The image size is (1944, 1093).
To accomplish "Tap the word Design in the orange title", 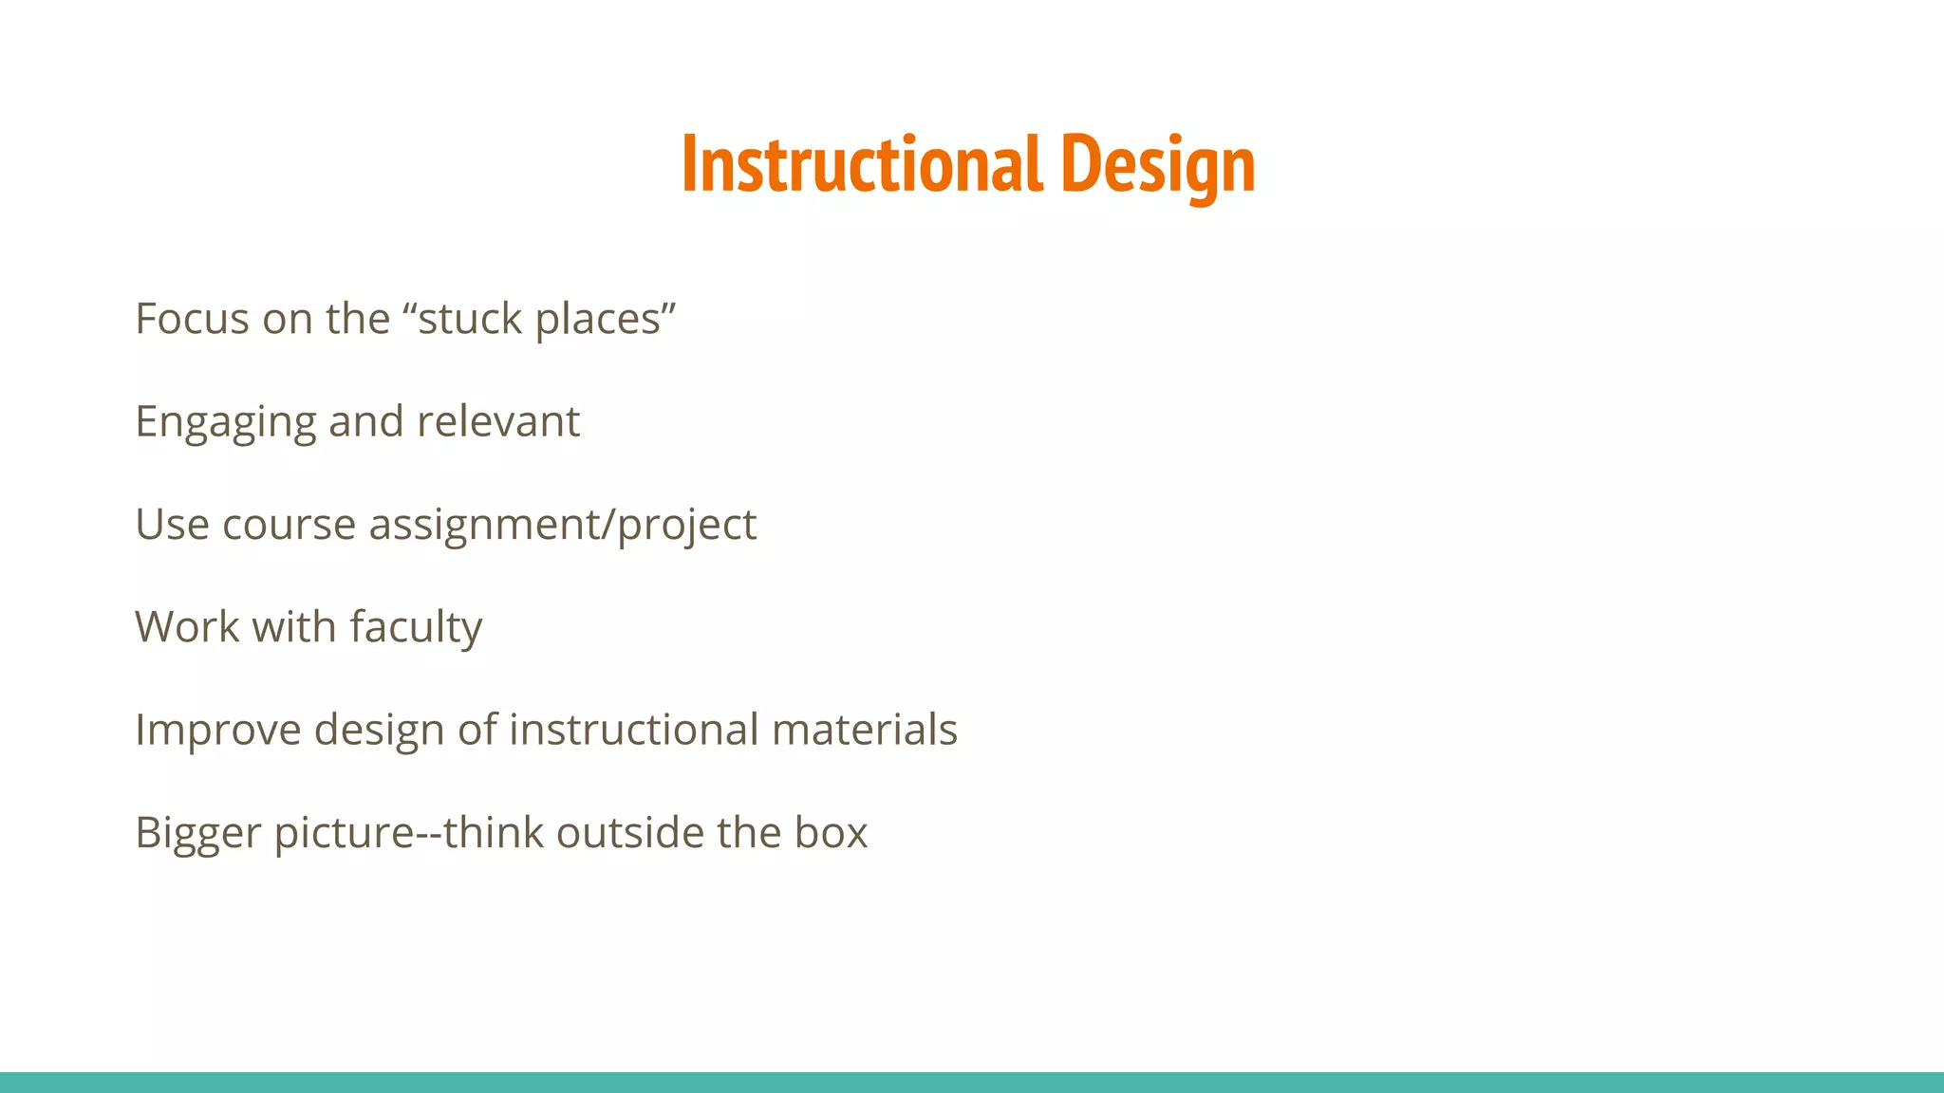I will (1157, 164).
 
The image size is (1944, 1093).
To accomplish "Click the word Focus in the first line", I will (193, 319).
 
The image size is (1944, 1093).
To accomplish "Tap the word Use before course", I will (172, 524).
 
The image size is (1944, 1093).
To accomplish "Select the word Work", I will (187, 627).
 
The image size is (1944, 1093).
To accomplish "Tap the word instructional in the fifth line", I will (633, 730).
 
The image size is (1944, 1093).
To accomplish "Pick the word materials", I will (864, 730).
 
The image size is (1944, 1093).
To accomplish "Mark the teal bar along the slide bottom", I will (972, 1083).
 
